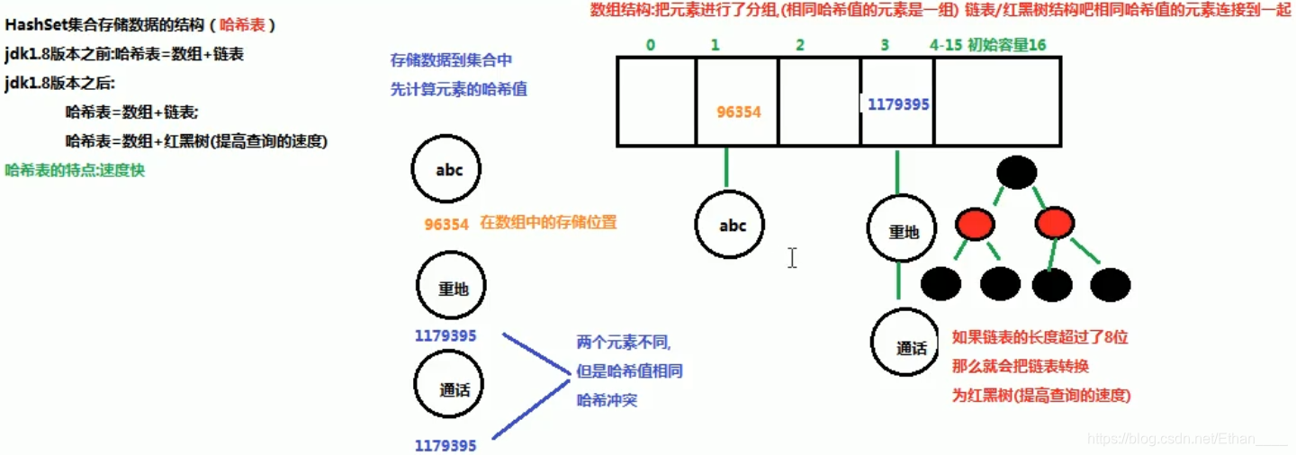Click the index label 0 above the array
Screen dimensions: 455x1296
(x=650, y=44)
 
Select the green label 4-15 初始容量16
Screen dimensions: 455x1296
(x=988, y=44)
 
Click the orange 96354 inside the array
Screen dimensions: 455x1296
(x=739, y=112)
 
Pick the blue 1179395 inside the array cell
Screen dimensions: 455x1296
(x=898, y=105)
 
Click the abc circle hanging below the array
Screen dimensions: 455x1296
(x=733, y=226)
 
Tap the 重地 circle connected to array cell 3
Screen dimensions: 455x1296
(x=904, y=231)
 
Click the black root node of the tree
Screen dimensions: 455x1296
(x=1017, y=173)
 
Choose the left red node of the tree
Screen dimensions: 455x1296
(x=976, y=223)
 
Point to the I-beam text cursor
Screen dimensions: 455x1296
(x=792, y=258)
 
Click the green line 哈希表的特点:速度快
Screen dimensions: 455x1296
(x=75, y=170)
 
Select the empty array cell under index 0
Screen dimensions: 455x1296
(x=656, y=101)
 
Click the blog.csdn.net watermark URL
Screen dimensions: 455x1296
(x=1188, y=439)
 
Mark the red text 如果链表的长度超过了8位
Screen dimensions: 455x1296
(x=1039, y=338)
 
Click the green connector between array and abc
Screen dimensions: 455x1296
(x=725, y=168)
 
